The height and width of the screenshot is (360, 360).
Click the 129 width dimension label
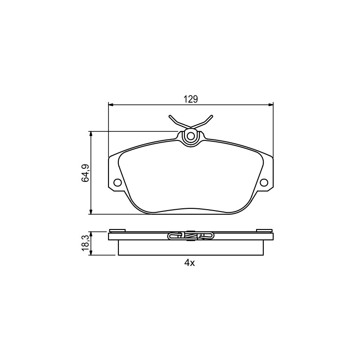coord(190,99)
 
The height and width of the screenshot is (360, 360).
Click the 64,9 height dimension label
coord(85,173)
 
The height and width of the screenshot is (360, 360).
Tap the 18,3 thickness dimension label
coord(85,243)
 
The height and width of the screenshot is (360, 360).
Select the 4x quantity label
coord(189,263)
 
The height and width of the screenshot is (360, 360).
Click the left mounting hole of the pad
coord(117,183)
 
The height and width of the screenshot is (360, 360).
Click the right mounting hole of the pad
coord(264,183)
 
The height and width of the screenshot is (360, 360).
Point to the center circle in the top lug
coord(190,136)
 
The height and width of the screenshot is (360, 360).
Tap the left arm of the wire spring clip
coord(180,121)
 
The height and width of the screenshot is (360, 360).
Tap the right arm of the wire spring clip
coord(202,121)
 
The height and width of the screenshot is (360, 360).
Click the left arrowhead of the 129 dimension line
coord(111,105)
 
